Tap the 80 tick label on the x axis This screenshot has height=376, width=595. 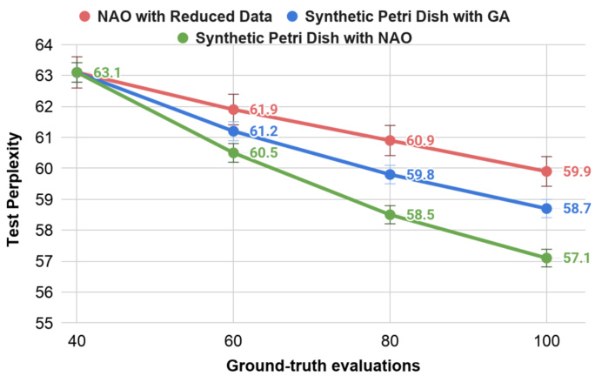click(390, 340)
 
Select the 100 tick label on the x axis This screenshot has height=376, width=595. click(546, 340)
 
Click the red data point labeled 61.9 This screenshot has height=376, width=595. click(233, 110)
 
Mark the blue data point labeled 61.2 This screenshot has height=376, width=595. click(233, 131)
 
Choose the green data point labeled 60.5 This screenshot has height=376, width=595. click(233, 153)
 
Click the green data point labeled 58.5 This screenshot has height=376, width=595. click(390, 215)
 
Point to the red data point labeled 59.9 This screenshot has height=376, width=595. click(546, 171)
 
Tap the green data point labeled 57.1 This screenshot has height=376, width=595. click(546, 258)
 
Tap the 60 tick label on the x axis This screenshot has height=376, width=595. click(233, 340)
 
